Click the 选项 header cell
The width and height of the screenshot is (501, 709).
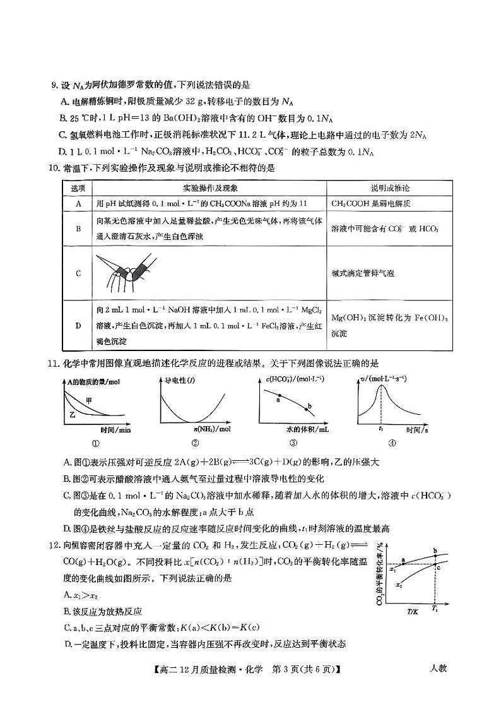(x=78, y=188)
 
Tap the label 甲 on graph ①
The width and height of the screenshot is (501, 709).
(x=90, y=401)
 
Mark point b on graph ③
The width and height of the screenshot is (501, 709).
(x=309, y=407)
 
